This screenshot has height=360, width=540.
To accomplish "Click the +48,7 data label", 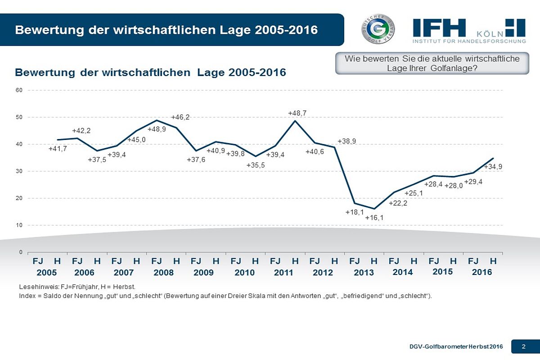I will [297, 113].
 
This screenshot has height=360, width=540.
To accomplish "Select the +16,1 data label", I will [374, 218].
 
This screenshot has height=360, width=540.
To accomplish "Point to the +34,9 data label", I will [493, 167].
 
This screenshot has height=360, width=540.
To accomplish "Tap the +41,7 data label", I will [58, 149].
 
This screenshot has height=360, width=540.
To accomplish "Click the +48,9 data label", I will [157, 129].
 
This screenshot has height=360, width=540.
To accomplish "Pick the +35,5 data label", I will [256, 165].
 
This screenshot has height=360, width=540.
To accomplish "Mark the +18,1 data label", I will [355, 212].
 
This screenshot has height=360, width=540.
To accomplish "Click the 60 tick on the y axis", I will [19, 90].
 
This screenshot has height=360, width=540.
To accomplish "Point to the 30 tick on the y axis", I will [19, 171].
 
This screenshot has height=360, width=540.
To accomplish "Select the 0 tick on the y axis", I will [21, 252].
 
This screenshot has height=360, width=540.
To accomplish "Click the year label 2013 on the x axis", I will [364, 273].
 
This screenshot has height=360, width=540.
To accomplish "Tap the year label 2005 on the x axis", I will [47, 273].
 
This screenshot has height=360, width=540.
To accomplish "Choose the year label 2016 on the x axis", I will [482, 272].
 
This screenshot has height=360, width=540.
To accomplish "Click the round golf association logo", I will [378, 29].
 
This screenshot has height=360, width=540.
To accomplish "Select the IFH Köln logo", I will [469, 31].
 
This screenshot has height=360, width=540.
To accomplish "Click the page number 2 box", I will [524, 346].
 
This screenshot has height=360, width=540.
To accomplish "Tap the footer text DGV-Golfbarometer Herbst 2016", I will [456, 346].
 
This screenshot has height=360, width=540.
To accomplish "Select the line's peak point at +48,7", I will [295, 121].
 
